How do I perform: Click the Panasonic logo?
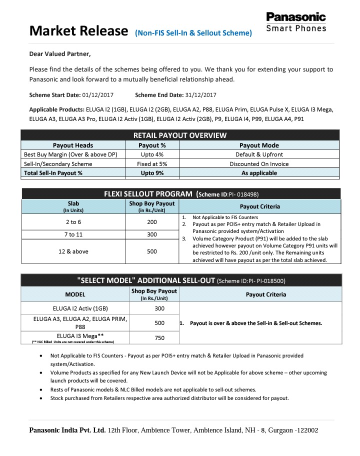pyautogui.click(x=296, y=22)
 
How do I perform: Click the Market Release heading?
pyautogui.click(x=78, y=31)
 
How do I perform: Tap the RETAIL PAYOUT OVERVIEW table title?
pyautogui.click(x=180, y=135)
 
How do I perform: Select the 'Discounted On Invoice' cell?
pyautogui.click(x=259, y=163)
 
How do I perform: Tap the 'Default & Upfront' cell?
pyautogui.click(x=259, y=154)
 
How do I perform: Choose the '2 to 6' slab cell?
pyautogui.click(x=73, y=221)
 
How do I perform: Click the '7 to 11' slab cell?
pyautogui.click(x=73, y=234)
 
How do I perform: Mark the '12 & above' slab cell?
pyautogui.click(x=73, y=251)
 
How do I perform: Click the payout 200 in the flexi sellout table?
pyautogui.click(x=152, y=221)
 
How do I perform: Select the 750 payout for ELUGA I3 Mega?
pyautogui.click(x=159, y=338)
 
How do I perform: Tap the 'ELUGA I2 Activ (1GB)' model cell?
pyautogui.click(x=75, y=308)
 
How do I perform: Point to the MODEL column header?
pyautogui.click(x=75, y=294)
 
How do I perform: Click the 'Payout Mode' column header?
pyautogui.click(x=259, y=145)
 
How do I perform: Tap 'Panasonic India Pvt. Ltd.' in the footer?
pyautogui.click(x=67, y=430)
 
